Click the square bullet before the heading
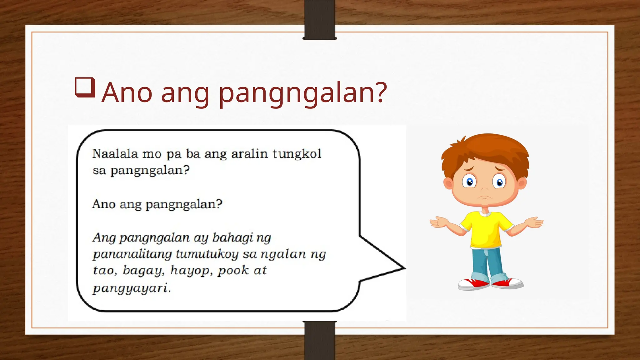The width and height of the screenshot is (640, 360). tap(85, 87)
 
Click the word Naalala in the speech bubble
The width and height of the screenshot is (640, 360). tap(115, 154)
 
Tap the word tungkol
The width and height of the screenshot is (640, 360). tap(297, 154)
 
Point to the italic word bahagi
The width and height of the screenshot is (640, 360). tap(232, 238)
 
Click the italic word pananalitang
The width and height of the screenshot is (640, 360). tap(132, 254)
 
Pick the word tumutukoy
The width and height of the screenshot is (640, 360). tap(207, 254)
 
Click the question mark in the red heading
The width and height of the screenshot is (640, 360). tap(380, 92)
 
